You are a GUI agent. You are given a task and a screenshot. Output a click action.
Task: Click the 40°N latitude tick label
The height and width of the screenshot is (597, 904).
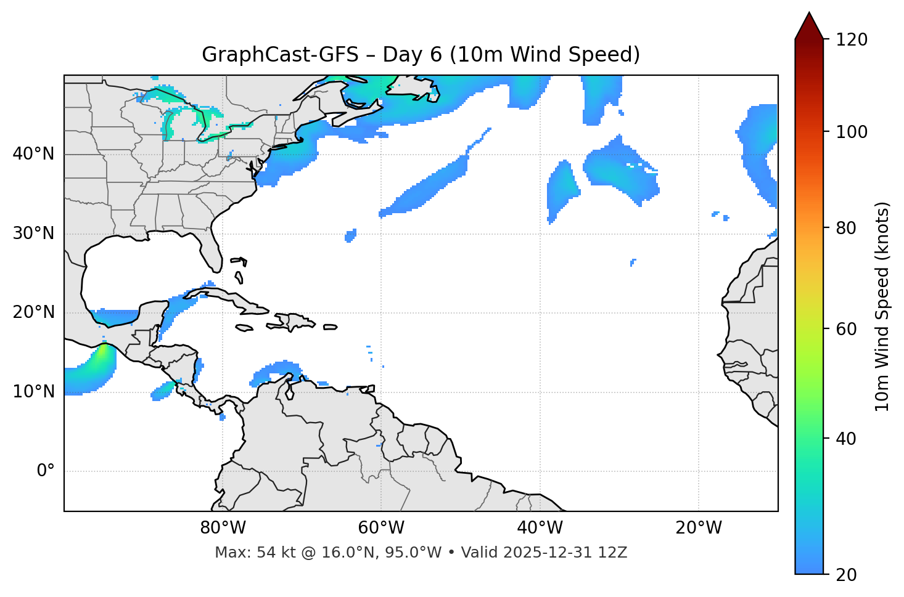(33, 154)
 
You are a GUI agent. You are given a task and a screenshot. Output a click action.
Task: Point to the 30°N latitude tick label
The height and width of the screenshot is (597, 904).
(33, 234)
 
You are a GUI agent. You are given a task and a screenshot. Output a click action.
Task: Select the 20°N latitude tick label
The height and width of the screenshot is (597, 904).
(33, 312)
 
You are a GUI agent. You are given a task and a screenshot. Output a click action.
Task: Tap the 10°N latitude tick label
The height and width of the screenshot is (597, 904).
(33, 392)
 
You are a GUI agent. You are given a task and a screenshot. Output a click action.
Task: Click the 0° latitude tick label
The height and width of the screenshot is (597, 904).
(46, 471)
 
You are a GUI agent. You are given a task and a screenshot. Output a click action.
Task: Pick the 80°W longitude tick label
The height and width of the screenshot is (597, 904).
(223, 528)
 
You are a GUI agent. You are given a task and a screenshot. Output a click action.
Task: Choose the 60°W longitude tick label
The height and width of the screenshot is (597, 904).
(381, 528)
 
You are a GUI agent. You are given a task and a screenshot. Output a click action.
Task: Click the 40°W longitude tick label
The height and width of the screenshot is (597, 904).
(540, 528)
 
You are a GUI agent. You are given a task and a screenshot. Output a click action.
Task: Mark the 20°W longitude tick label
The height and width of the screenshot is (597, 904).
(699, 528)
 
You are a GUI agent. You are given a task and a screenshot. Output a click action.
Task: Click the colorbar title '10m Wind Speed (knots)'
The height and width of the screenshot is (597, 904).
(882, 307)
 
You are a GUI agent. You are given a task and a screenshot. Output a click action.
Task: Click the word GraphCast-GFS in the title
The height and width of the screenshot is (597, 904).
(280, 55)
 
